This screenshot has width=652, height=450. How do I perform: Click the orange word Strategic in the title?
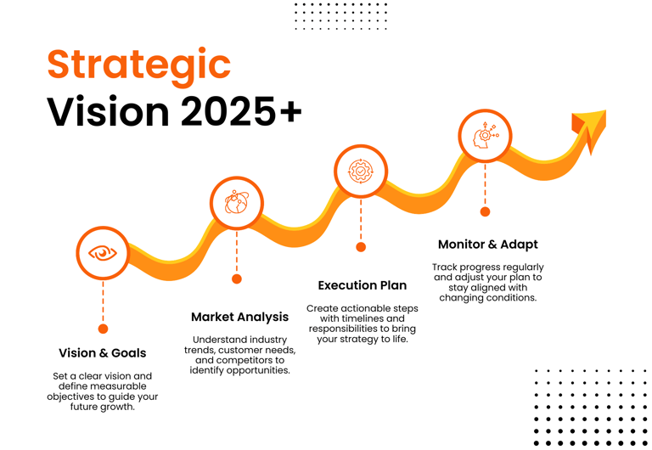pyautogui.click(x=139, y=65)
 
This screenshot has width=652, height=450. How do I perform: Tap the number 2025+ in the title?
pyautogui.click(x=241, y=111)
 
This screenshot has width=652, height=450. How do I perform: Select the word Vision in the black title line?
pyautogui.click(x=108, y=111)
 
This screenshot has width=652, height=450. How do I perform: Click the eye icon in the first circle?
pyautogui.click(x=103, y=253)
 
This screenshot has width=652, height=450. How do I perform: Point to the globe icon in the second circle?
pyautogui.click(x=237, y=203)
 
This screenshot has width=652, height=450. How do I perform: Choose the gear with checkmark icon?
pyautogui.click(x=361, y=171)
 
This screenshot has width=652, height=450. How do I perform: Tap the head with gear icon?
pyautogui.click(x=486, y=136)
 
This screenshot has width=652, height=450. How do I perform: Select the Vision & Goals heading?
pyautogui.click(x=102, y=353)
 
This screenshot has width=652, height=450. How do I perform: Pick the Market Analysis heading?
pyautogui.click(x=240, y=317)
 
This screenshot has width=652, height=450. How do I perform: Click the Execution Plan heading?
pyautogui.click(x=363, y=285)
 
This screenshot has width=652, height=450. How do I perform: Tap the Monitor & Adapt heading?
pyautogui.click(x=488, y=245)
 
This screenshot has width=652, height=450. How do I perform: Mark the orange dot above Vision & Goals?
pyautogui.click(x=103, y=329)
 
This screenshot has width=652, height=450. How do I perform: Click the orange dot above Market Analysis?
pyautogui.click(x=237, y=278)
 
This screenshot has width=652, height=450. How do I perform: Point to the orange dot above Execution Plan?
pyautogui.click(x=361, y=247)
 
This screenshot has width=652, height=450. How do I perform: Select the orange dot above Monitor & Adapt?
pyautogui.click(x=485, y=211)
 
